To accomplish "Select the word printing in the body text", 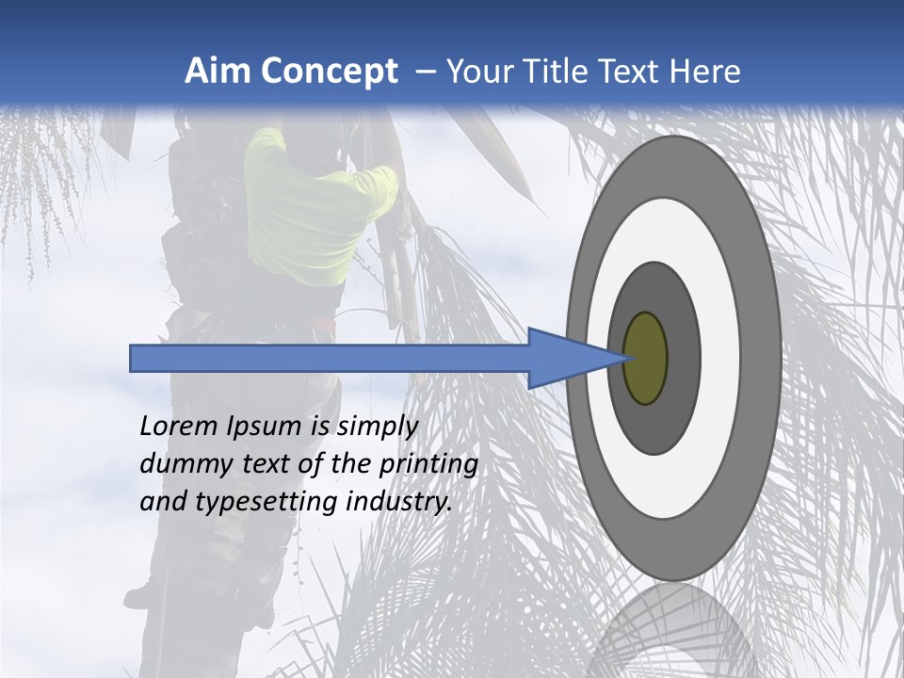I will point(428,464).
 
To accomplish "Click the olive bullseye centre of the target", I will point(646,358).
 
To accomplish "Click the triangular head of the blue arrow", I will point(565,358).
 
